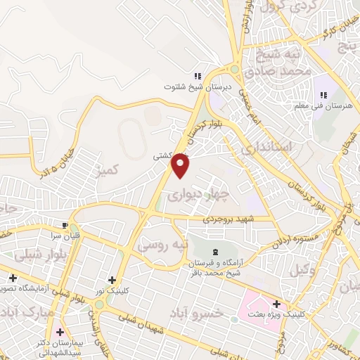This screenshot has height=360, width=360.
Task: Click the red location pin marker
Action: (181, 165)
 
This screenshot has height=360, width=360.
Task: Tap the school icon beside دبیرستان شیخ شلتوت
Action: (198, 76)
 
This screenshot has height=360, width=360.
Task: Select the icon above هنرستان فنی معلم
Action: (324, 95)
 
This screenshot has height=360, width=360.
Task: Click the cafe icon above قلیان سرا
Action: (66, 225)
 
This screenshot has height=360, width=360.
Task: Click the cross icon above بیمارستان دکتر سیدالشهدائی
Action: (60, 331)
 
